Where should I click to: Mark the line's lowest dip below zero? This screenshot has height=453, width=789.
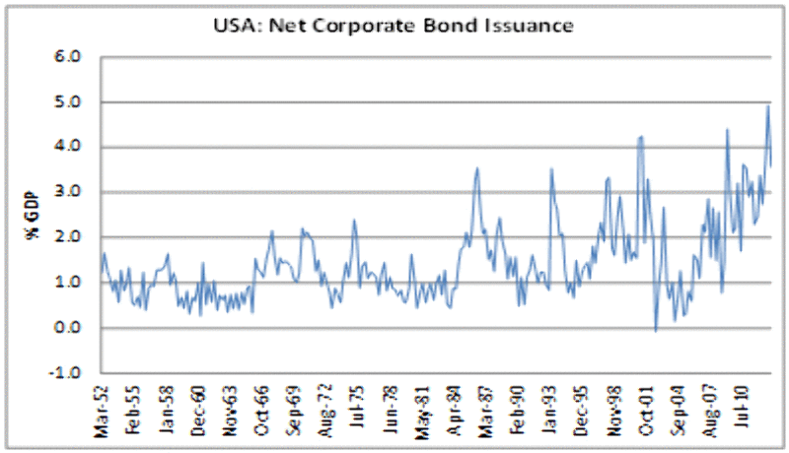[x=656, y=331]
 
